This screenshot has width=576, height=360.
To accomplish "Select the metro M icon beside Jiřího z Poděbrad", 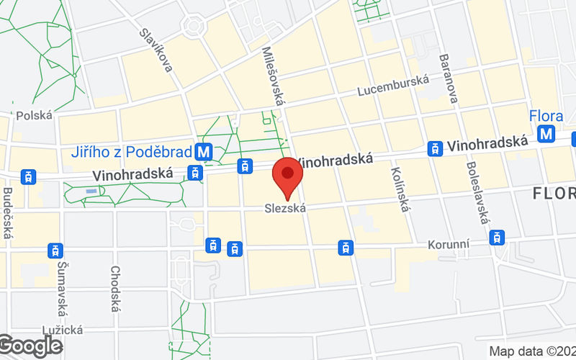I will tap(204, 152).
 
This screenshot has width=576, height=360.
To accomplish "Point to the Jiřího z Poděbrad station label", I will tap(132, 152).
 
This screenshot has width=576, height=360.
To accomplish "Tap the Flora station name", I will tap(546, 115).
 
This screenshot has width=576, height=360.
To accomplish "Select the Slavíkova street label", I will tap(156, 50).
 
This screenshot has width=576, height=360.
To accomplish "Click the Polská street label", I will tap(35, 115).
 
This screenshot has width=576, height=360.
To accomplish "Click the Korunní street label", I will tap(448, 245).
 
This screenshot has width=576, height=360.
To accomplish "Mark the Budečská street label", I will tap(9, 209).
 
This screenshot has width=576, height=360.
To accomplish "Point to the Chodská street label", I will tap(114, 288).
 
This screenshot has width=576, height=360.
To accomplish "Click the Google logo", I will tap(30, 346).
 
